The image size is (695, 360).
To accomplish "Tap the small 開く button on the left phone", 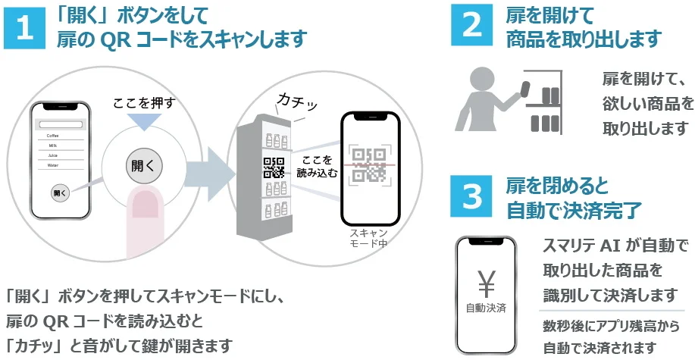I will (60, 192).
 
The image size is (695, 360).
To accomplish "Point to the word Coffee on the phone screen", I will (52, 135).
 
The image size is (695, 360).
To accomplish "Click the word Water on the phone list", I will (52, 164).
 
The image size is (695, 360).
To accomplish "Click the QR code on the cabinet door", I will (274, 166).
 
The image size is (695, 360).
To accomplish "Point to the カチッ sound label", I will (299, 102).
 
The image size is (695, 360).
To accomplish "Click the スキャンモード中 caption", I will (369, 238).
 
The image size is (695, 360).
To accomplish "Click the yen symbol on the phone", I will (485, 281).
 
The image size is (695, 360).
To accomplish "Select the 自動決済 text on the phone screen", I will (485, 308).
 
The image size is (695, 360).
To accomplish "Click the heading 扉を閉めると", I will (557, 186).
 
